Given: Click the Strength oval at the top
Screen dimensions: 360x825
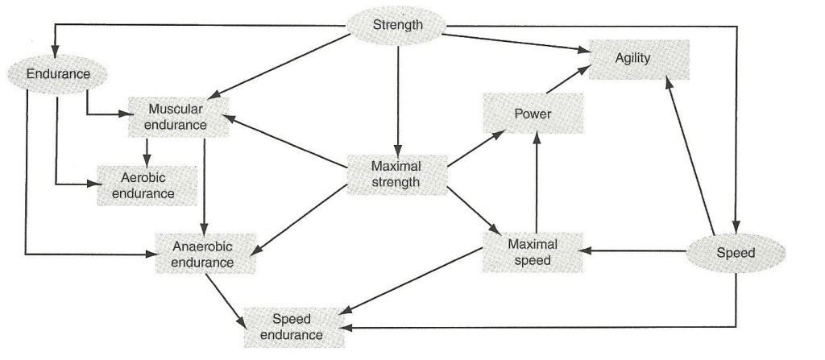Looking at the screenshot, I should coord(397,25).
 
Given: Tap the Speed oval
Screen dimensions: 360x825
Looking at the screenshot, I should coord(735,253).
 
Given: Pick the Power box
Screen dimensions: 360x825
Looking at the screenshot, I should coord(533,114).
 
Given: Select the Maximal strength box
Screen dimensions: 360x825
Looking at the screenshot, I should coord(396,174).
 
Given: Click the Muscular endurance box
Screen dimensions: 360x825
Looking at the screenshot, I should coord(177,116).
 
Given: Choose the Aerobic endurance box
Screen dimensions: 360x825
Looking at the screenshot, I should coord(147,185).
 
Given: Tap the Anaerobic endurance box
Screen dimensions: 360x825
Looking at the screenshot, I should coord(206,254).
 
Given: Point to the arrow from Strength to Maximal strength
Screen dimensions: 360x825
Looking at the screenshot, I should coord(397,97).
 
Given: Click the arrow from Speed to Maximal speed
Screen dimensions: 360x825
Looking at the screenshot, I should coord(636,251).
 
